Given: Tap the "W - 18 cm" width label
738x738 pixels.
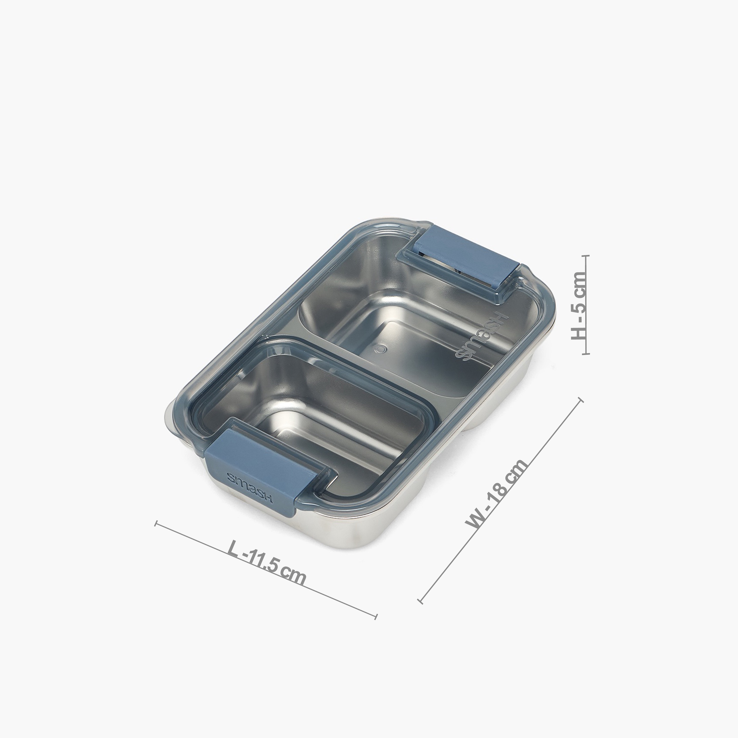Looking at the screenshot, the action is pos(497,493).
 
